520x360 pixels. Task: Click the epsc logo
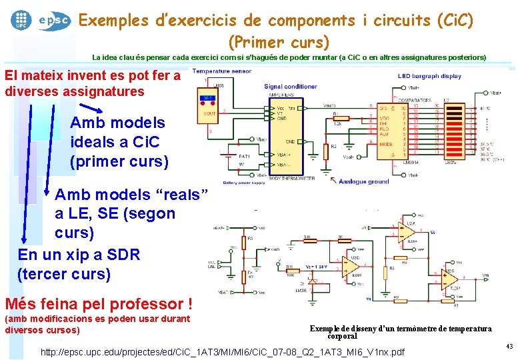54,20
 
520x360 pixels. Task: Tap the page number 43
509,346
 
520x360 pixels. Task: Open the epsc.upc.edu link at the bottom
223,351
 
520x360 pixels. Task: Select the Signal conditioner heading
290,87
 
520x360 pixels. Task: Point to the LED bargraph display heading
429,76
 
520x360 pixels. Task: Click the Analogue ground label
363,181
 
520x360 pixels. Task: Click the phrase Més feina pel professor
98,304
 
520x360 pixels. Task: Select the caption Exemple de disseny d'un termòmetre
401,331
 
